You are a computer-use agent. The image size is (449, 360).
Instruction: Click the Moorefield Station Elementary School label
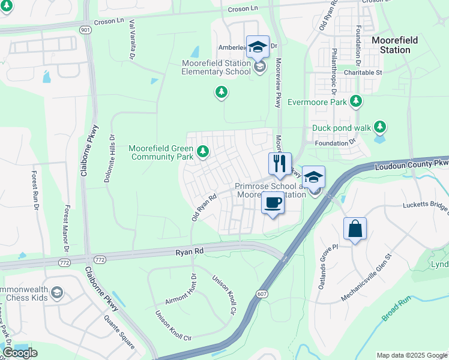(x=217, y=68)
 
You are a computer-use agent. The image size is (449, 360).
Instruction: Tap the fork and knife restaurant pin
(x=280, y=163)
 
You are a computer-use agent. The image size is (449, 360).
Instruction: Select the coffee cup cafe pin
(x=273, y=203)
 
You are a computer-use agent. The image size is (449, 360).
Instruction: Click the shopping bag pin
(x=355, y=229)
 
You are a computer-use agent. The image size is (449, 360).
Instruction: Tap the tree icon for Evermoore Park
(x=357, y=101)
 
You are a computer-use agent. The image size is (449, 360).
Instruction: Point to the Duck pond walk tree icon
(x=379, y=127)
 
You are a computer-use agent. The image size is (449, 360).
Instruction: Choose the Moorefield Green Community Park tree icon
(x=203, y=152)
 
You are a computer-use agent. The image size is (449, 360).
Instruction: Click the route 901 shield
(x=88, y=30)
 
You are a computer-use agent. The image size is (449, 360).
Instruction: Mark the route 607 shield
(x=264, y=294)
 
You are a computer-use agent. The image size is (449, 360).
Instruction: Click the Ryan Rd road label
(x=190, y=253)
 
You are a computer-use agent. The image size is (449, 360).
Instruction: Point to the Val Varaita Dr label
(x=130, y=39)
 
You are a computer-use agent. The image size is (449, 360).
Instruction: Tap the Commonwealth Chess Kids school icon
(x=57, y=293)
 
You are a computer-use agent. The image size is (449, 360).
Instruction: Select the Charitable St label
(x=363, y=73)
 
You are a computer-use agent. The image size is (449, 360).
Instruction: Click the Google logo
(x=20, y=352)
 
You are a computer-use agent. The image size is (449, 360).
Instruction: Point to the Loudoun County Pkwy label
(x=412, y=164)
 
